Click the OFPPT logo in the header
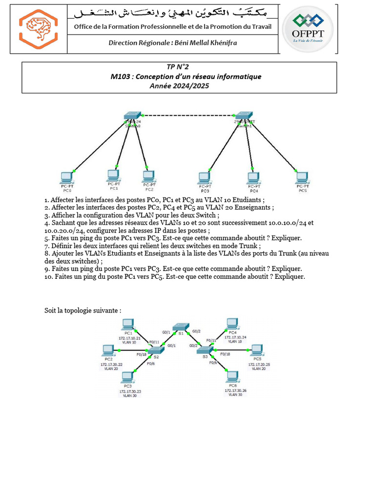click(308, 28)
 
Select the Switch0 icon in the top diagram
click(132, 119)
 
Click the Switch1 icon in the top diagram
click(243, 119)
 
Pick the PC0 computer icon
click(66, 177)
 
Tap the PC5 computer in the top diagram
click(302, 177)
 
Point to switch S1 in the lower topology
click(181, 327)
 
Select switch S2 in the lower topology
click(156, 350)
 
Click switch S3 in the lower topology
click(205, 350)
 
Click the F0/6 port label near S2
click(151, 364)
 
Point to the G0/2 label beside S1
click(196, 331)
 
